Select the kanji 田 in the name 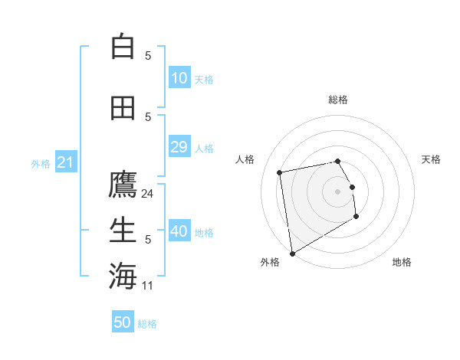point(123,108)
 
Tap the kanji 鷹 point(123,185)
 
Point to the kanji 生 point(123,229)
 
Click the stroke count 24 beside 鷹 point(148,194)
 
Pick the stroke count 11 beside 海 point(148,286)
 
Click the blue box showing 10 point(179,78)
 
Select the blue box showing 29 point(179,147)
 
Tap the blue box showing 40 point(179,231)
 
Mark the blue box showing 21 point(65,162)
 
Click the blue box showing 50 point(123,322)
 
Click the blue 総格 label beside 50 point(147,324)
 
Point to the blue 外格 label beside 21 point(41,164)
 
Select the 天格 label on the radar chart point(432,159)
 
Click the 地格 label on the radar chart point(402,263)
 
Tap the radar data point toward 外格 point(292,254)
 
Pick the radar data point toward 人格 point(280,172)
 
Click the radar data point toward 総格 point(337,161)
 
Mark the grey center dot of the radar point(337,191)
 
